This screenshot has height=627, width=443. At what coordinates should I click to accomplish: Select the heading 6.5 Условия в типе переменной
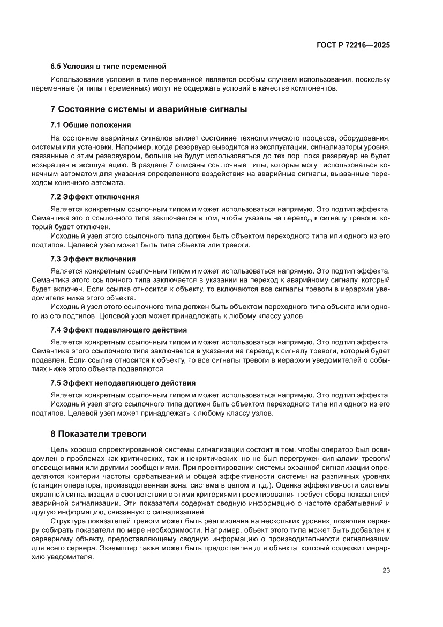(x=108, y=67)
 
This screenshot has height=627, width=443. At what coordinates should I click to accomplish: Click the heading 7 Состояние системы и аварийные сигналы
(x=148, y=109)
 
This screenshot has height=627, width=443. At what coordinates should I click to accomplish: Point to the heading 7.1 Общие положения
(x=91, y=124)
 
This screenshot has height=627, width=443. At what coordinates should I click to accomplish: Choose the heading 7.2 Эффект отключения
(x=95, y=196)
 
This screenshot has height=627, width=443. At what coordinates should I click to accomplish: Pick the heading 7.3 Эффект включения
(x=93, y=259)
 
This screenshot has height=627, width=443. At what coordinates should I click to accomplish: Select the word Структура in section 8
(x=68, y=521)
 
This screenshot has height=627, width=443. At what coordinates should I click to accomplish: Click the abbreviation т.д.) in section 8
(x=261, y=485)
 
